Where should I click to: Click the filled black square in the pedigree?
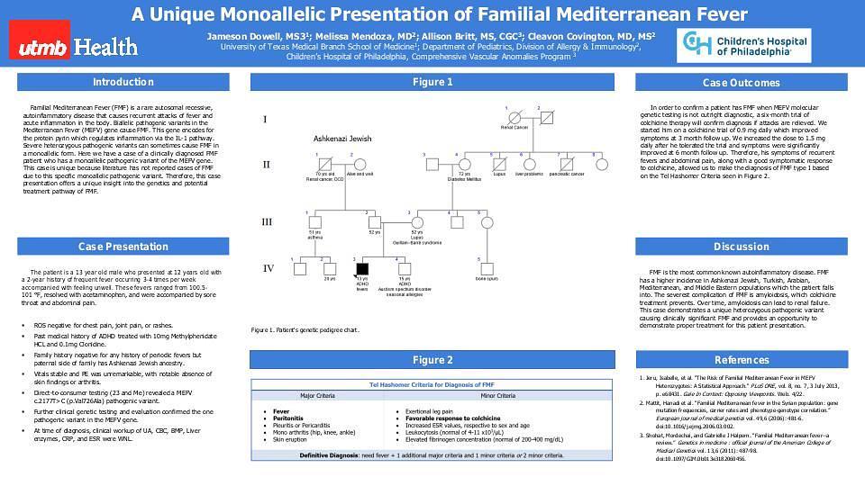[x=361, y=268]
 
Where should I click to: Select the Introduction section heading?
[x=123, y=83]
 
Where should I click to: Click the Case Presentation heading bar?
[x=123, y=247]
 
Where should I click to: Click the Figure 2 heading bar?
[x=432, y=360]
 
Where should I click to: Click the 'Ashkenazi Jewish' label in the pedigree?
[x=342, y=139]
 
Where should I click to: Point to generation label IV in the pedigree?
[x=268, y=268]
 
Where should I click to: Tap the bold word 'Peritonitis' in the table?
[x=288, y=418]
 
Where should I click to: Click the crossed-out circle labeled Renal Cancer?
[x=510, y=116]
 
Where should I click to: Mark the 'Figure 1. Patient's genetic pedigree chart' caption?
[x=305, y=330]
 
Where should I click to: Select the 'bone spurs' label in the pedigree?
[x=486, y=279]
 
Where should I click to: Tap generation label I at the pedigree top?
[x=265, y=118]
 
